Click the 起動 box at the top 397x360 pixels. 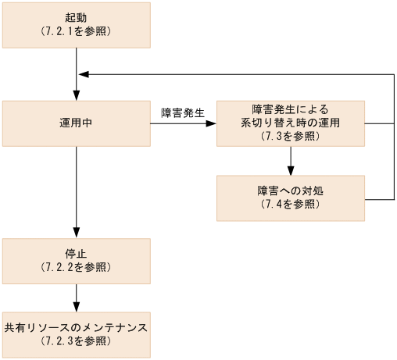[76, 25]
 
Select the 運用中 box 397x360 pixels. [76, 123]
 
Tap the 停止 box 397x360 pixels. [76, 260]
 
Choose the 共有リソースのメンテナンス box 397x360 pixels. [76, 334]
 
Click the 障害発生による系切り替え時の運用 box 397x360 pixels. [290, 123]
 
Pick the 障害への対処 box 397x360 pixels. [290, 198]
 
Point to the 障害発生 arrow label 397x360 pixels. [182, 112]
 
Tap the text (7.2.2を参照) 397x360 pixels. [76, 267]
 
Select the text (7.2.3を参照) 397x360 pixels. [76, 341]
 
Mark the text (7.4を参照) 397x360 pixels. [290, 205]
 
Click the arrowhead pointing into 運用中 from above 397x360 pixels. [76, 95]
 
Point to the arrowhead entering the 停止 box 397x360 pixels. [76, 233]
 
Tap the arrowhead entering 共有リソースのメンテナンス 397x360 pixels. [76, 307]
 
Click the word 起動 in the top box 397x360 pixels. [76, 18]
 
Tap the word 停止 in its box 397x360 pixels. [76, 253]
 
